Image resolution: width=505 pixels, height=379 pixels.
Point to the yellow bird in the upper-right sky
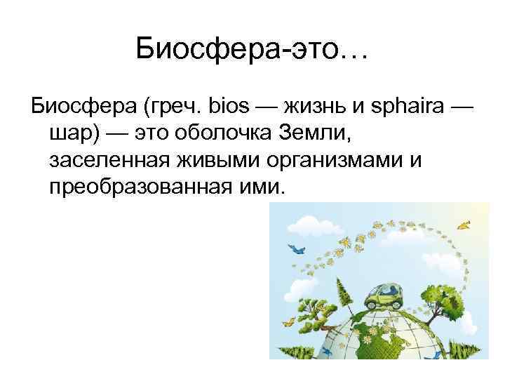(462, 225)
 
